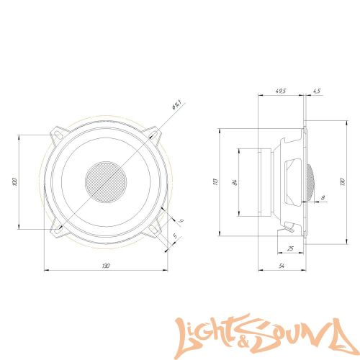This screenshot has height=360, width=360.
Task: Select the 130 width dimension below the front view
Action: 106,266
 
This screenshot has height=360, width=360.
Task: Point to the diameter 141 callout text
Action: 175,107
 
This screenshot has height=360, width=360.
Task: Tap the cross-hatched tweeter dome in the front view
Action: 106,181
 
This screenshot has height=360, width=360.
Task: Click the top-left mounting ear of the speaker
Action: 58,134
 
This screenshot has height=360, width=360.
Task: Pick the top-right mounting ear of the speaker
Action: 154,134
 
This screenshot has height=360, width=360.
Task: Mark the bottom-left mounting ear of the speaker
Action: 58,230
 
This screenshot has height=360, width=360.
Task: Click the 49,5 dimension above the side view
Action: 281,91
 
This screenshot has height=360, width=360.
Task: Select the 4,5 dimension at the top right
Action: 318,91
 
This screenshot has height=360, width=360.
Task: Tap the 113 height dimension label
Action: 215,181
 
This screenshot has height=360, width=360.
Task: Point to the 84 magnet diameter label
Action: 235,181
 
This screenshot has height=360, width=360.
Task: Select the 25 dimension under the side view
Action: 289,248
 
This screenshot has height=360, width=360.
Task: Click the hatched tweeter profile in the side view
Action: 308,181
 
